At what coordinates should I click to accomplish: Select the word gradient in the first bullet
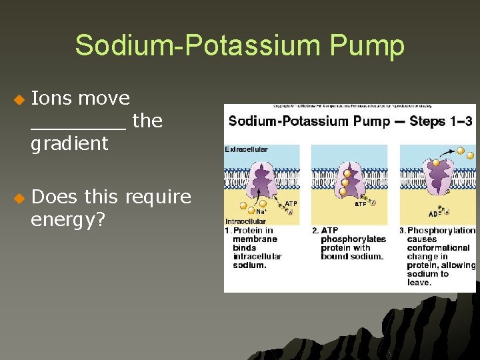pos(69,143)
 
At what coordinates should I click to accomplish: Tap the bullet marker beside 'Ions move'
pos(18,99)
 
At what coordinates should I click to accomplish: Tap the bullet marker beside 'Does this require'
pos(18,198)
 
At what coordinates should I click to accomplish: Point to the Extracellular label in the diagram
pos(246,149)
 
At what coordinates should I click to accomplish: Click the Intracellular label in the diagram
pos(245,221)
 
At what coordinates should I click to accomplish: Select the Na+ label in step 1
pos(261,212)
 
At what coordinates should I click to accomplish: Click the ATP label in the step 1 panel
pos(291,204)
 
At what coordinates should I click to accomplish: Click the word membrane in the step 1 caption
pos(253,239)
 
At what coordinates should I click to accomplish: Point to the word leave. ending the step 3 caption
pos(419,283)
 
